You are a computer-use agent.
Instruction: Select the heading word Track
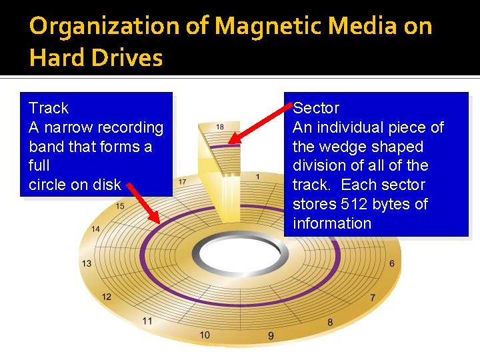(49, 108)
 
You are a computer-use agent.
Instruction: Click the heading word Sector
(316, 108)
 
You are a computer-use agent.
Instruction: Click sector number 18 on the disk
(220, 127)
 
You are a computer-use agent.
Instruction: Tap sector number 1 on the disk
(257, 177)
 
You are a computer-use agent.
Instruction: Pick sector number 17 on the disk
(182, 182)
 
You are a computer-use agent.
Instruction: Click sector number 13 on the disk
(87, 263)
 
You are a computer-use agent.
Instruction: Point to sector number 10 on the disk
(205, 334)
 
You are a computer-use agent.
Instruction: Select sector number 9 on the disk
(271, 336)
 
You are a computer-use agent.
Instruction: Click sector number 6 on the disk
(392, 263)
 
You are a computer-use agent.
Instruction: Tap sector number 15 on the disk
(120, 207)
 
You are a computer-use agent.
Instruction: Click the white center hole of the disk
(237, 254)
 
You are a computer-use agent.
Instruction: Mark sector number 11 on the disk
(147, 321)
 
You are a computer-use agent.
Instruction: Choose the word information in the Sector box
(332, 223)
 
